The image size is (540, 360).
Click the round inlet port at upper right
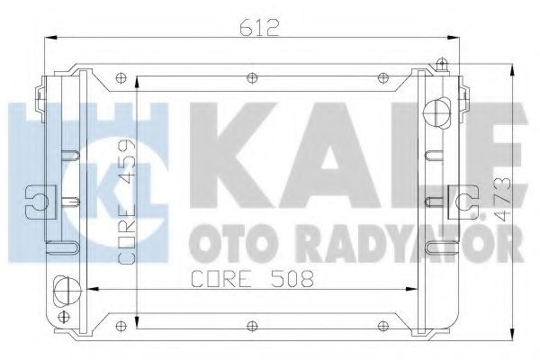pos(439,113)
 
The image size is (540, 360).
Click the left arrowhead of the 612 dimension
pos(49,38)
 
